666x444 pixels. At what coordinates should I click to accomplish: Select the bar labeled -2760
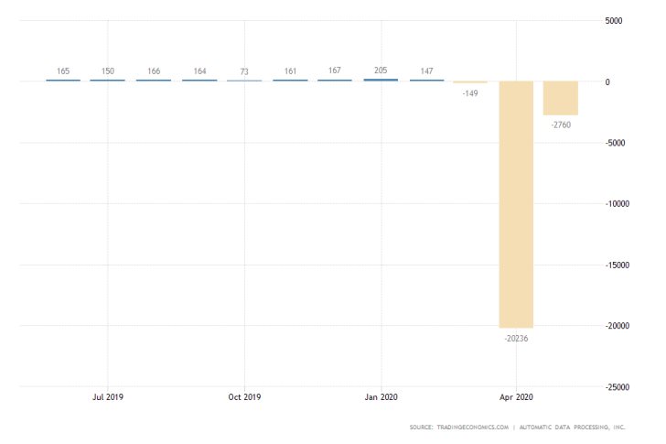click(x=560, y=98)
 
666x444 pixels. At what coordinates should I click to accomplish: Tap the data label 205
click(x=381, y=70)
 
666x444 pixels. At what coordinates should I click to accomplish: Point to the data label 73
click(x=244, y=71)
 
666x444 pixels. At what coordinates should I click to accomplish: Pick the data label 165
click(x=63, y=70)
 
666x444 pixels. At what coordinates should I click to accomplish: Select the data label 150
click(x=108, y=70)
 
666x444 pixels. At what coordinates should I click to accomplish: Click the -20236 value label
click(x=516, y=338)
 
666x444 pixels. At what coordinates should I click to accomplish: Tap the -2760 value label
click(x=561, y=125)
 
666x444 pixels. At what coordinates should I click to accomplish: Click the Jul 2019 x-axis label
click(x=108, y=397)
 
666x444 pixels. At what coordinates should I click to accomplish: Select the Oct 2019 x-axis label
click(x=244, y=397)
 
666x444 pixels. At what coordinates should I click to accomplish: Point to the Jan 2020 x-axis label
click(x=381, y=397)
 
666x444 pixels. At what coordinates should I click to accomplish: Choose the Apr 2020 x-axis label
click(x=517, y=397)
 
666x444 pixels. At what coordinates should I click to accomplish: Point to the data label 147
click(x=426, y=70)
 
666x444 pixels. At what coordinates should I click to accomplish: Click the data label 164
click(x=199, y=70)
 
